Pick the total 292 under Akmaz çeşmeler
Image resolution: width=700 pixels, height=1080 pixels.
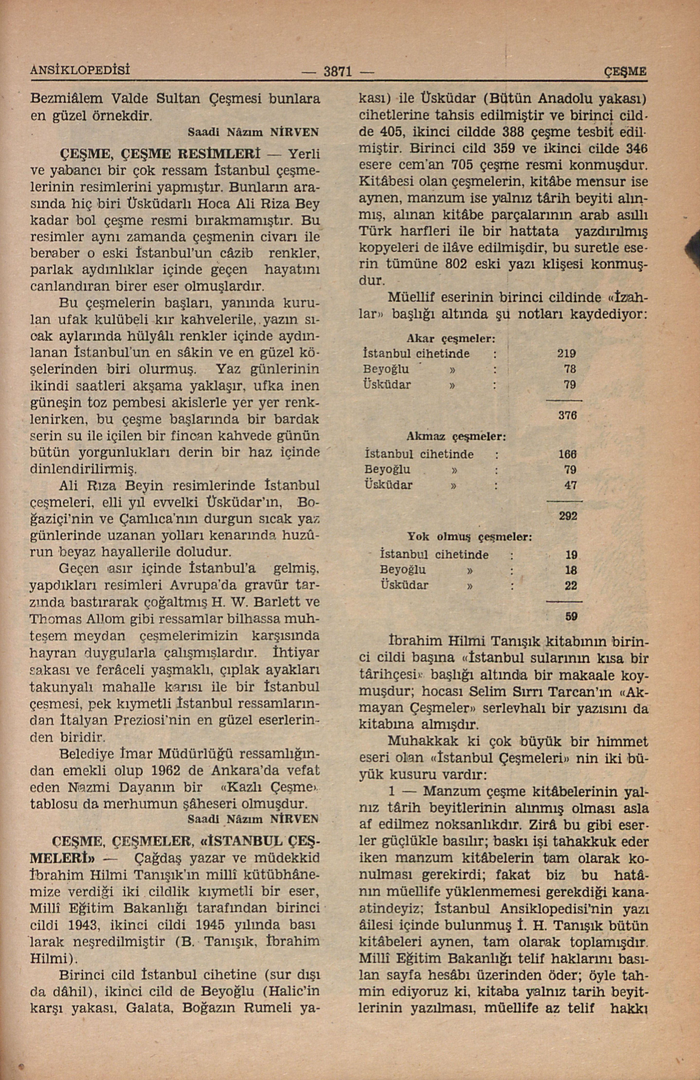pyautogui.click(x=568, y=517)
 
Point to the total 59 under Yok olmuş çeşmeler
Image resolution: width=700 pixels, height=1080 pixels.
pyautogui.click(x=571, y=617)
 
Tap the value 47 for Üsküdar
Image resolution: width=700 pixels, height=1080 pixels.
pyautogui.click(x=570, y=485)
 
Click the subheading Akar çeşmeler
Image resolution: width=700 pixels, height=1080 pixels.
pyautogui.click(x=450, y=338)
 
